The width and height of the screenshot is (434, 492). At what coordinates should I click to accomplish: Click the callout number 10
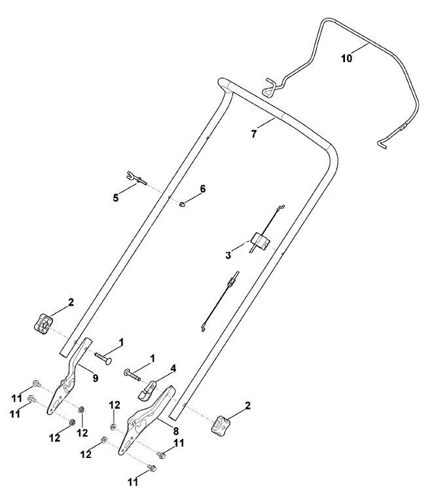click(347, 58)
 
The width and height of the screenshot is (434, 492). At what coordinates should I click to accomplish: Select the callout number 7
click(254, 133)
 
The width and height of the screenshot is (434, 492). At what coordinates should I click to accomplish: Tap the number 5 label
click(116, 198)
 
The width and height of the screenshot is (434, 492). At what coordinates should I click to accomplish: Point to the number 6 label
click(203, 189)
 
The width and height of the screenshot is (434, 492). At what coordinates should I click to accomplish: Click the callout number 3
click(228, 255)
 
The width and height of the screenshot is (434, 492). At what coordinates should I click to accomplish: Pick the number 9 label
click(95, 378)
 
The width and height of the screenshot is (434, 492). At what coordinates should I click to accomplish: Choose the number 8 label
click(176, 431)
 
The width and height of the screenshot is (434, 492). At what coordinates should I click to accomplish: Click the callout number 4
click(173, 369)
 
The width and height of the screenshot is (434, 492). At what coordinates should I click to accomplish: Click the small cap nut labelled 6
click(181, 204)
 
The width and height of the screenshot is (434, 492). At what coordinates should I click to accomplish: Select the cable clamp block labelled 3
click(261, 241)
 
